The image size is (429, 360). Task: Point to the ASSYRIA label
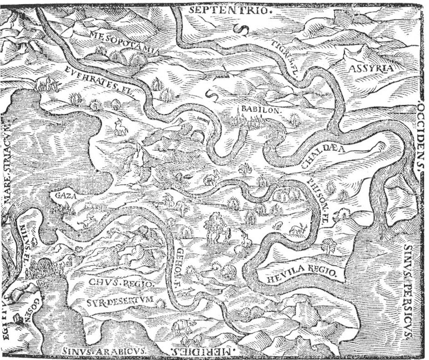(x=370, y=69)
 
